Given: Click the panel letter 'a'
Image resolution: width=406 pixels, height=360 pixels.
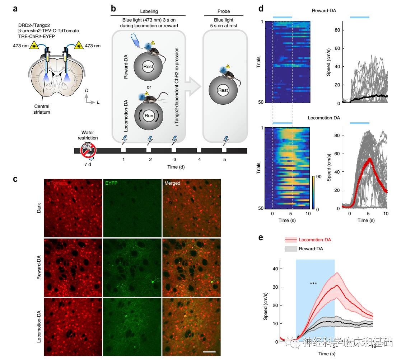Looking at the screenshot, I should click(15, 9).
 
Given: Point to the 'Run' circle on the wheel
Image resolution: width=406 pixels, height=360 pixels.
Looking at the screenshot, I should click(149, 116).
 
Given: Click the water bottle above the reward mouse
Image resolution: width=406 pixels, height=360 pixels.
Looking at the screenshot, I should click(137, 41).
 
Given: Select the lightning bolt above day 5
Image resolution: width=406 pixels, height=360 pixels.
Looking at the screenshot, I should click(225, 140).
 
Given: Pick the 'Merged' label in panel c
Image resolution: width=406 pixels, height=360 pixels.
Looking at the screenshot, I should click(172, 183).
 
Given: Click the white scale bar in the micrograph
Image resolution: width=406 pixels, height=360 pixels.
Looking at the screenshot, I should click(209, 352).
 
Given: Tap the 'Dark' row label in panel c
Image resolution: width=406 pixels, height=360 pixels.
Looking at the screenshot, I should click(39, 208).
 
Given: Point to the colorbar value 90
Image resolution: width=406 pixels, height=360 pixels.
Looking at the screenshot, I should click(314, 177).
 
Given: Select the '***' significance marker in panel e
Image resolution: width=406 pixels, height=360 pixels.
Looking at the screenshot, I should click(313, 284).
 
